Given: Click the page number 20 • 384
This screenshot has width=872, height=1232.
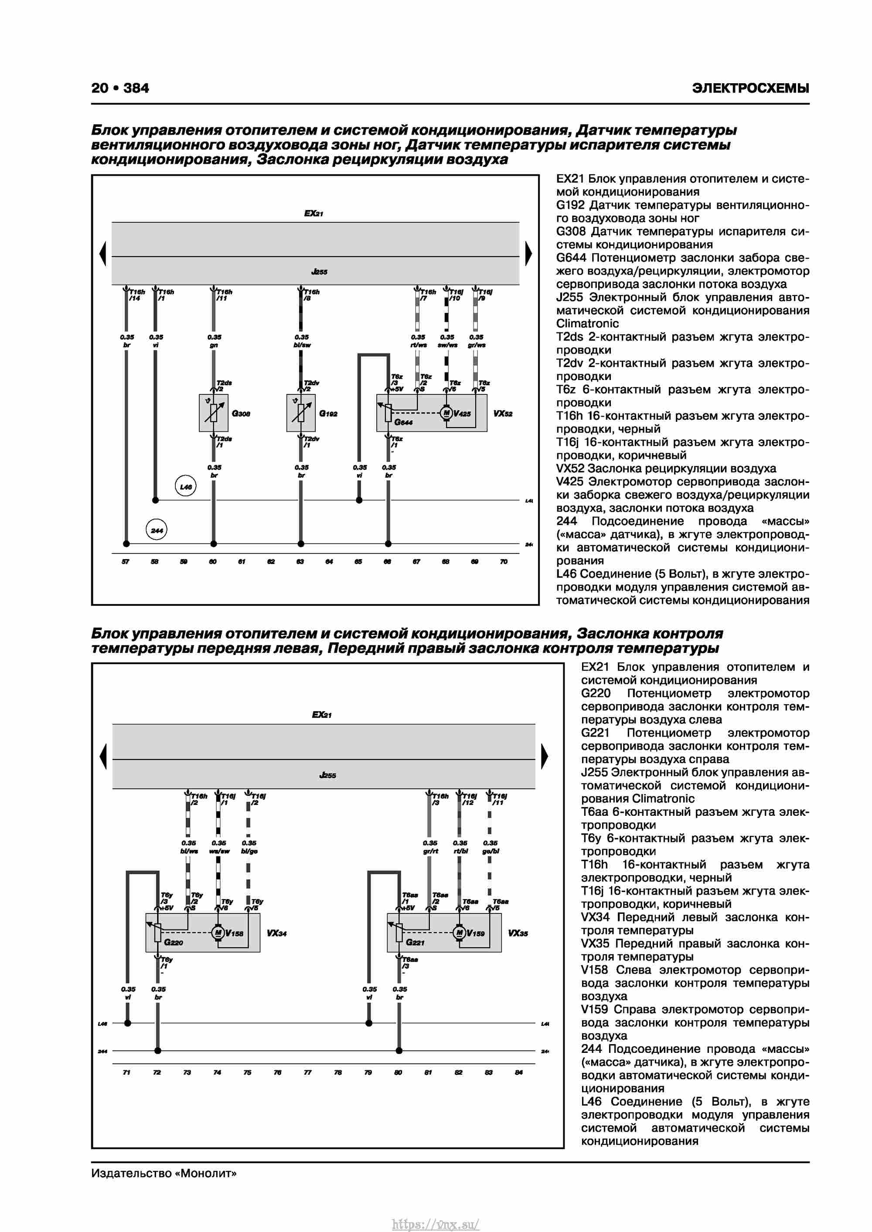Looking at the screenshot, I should tap(120, 88).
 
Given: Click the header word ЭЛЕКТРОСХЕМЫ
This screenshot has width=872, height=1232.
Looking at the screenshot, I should tap(750, 88).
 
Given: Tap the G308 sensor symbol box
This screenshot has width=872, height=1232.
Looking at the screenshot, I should tap(213, 413).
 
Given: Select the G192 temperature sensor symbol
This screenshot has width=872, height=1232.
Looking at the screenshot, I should tap(301, 413).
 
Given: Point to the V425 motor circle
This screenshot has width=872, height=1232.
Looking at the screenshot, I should tap(446, 413).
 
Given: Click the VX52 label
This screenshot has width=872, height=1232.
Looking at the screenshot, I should tap(503, 414).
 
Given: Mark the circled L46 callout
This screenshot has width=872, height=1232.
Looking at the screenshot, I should tap(185, 486).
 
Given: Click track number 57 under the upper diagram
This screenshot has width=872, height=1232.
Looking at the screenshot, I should tap(126, 561).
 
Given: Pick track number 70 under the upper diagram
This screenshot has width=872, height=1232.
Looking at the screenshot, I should tap(504, 561).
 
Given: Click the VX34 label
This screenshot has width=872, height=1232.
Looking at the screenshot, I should tap(276, 933).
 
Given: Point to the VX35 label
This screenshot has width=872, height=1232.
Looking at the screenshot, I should tap(518, 933).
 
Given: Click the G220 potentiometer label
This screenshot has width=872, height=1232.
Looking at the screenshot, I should tap(174, 942).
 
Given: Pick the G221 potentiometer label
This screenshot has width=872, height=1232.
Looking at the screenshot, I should tap(415, 942).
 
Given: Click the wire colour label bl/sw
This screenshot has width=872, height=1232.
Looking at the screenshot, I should tap(302, 345).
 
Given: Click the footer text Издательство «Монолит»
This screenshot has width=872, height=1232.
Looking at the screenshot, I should tap(164, 1173).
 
